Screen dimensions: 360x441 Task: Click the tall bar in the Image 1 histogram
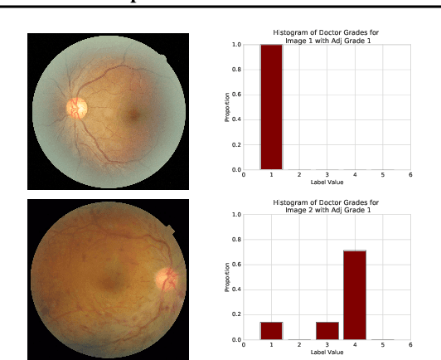tap(271, 108)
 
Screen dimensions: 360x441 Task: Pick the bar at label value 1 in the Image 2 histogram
tap(271, 330)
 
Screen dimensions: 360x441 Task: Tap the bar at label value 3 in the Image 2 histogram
tap(327, 330)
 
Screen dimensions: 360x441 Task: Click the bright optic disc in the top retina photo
tap(77, 107)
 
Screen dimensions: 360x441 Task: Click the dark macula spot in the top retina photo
tap(133, 115)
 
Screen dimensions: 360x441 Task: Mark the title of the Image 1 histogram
tap(326, 35)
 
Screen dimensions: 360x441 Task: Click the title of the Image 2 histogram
tap(326, 205)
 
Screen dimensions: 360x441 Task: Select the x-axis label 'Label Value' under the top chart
tap(327, 182)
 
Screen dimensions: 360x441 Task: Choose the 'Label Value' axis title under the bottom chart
tap(327, 352)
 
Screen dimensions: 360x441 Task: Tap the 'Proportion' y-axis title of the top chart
tap(227, 108)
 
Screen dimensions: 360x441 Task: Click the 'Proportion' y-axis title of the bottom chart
tap(227, 277)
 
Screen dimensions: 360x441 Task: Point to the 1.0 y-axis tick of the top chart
tap(236, 45)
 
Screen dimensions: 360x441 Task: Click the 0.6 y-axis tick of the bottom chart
tap(236, 265)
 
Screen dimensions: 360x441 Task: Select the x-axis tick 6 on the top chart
tap(410, 175)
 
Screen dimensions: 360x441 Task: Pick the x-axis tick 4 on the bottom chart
tap(355, 346)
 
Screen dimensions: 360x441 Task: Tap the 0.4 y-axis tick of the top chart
tap(236, 120)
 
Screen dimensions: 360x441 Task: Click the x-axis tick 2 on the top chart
tap(298, 175)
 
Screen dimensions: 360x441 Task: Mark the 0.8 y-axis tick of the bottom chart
tap(236, 240)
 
